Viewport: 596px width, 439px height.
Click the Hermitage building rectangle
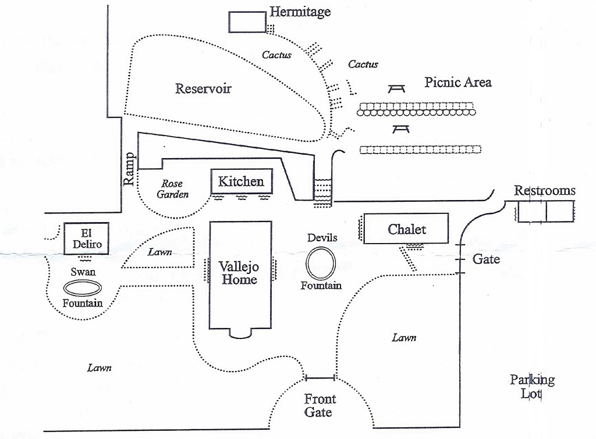click(x=247, y=22)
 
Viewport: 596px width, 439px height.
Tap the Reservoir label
click(x=203, y=89)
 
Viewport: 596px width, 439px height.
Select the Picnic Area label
click(x=457, y=82)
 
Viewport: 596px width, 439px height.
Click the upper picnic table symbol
click(x=397, y=88)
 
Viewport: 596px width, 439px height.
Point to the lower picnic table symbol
click(x=401, y=128)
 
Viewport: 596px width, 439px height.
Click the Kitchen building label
click(x=241, y=181)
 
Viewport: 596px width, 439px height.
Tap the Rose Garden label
click(x=173, y=190)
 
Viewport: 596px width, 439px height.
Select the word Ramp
click(x=129, y=169)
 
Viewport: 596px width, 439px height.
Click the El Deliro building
click(x=87, y=239)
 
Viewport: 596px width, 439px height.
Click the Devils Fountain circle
click(x=321, y=263)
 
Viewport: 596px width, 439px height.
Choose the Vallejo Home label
click(x=238, y=273)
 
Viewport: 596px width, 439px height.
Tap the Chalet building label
click(x=407, y=229)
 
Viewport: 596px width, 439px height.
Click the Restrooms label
click(x=544, y=191)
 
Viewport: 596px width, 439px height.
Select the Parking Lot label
click(x=532, y=387)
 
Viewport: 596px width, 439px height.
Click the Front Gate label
click(x=320, y=405)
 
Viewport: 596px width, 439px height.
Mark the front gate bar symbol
click(x=320, y=378)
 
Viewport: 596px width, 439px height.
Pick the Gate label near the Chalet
click(x=486, y=259)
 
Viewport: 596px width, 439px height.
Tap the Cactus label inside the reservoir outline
click(x=276, y=55)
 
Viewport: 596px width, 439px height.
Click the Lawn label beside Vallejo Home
click(x=158, y=252)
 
